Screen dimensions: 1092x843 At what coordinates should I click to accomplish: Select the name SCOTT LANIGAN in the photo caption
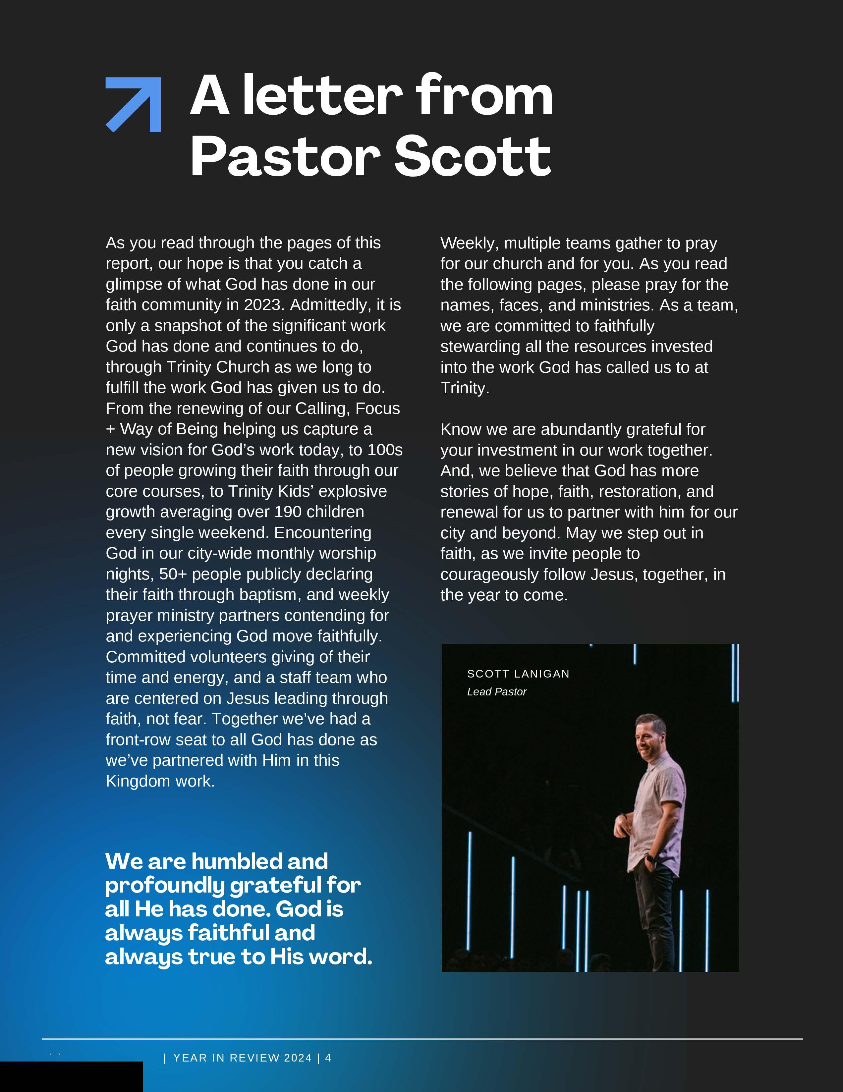[518, 674]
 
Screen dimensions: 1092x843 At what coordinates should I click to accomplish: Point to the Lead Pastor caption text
[496, 692]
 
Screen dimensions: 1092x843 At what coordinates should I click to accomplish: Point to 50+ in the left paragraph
[173, 574]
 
